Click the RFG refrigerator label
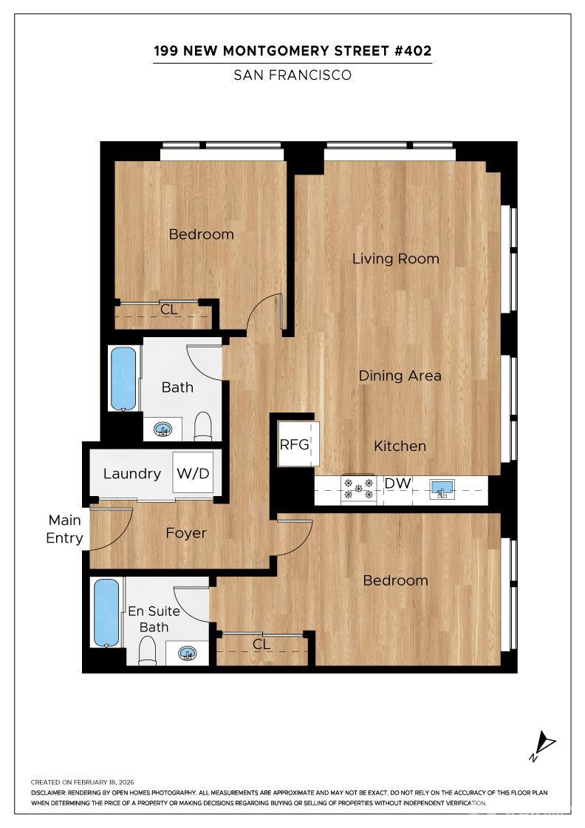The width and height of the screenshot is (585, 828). click(x=294, y=444)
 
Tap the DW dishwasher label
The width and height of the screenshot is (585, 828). click(x=397, y=483)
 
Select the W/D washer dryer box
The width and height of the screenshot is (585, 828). click(x=194, y=474)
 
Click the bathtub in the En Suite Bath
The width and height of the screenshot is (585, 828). click(x=106, y=612)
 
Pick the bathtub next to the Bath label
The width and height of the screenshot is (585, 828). click(x=123, y=378)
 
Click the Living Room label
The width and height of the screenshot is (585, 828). click(x=395, y=259)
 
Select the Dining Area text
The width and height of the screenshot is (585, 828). click(x=400, y=376)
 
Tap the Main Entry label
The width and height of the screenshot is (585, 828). click(x=64, y=529)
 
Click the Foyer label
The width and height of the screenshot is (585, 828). click(x=186, y=533)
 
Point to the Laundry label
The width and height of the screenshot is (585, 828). click(x=132, y=474)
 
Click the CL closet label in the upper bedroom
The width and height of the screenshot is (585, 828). click(x=169, y=310)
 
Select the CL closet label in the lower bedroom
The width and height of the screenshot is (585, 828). click(x=261, y=644)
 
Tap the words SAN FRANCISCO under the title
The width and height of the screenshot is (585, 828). click(x=292, y=75)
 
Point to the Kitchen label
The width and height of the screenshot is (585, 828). click(x=400, y=446)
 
